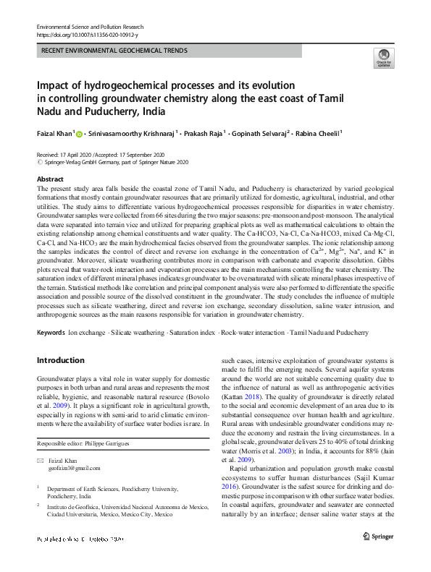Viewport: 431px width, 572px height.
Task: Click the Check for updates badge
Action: click(x=382, y=59)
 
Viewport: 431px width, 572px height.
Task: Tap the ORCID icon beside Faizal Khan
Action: click(x=79, y=133)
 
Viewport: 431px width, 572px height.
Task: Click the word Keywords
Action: click(x=51, y=332)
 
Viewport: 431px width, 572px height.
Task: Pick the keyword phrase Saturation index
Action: click(x=193, y=332)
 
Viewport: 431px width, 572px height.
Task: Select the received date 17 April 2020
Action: click(x=78, y=155)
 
